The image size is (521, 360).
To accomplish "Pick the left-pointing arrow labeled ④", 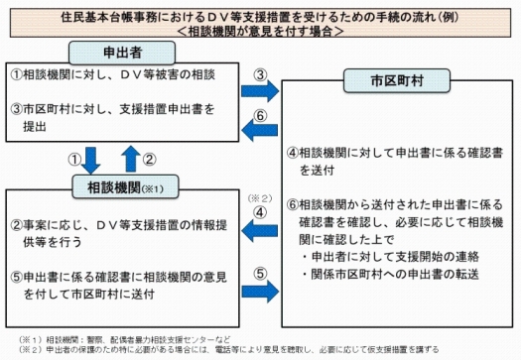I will coord(260,230).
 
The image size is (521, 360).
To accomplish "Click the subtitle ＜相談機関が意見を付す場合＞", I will coord(260,32).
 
